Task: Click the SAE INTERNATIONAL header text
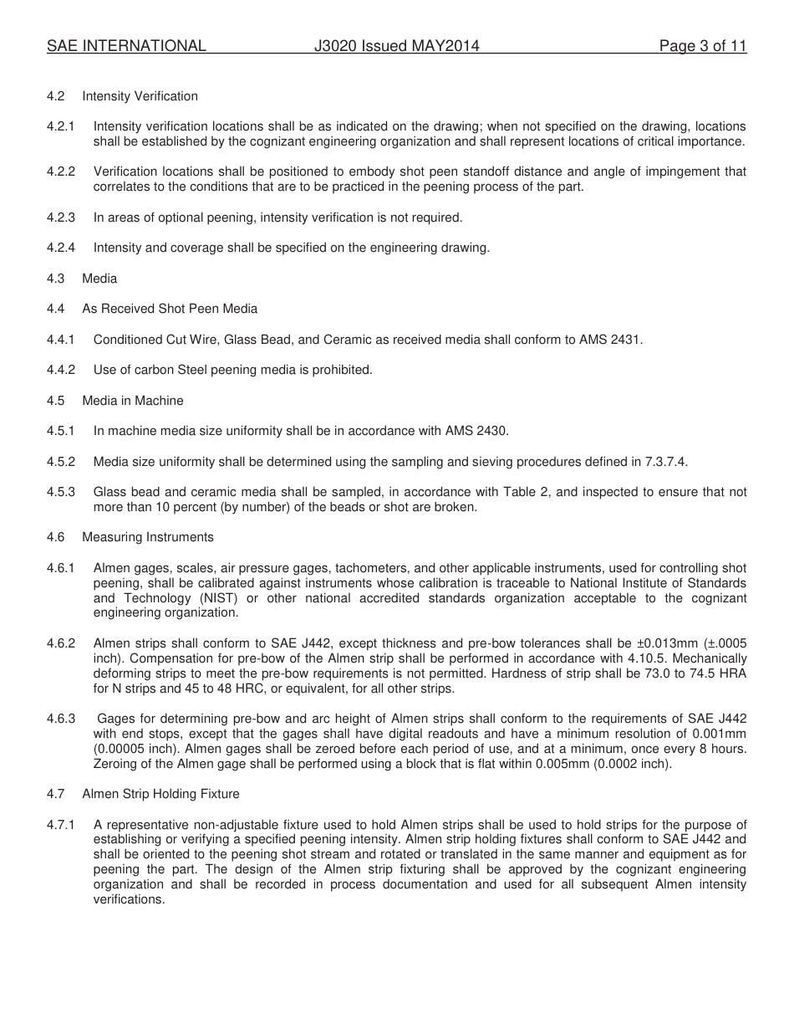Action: click(126, 46)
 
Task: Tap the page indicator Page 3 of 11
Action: click(702, 46)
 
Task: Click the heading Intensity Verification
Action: click(140, 96)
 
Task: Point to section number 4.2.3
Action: click(61, 218)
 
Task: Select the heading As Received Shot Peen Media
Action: click(170, 309)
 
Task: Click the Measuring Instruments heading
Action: click(147, 537)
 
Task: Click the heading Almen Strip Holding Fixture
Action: click(160, 793)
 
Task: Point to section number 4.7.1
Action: click(61, 825)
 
